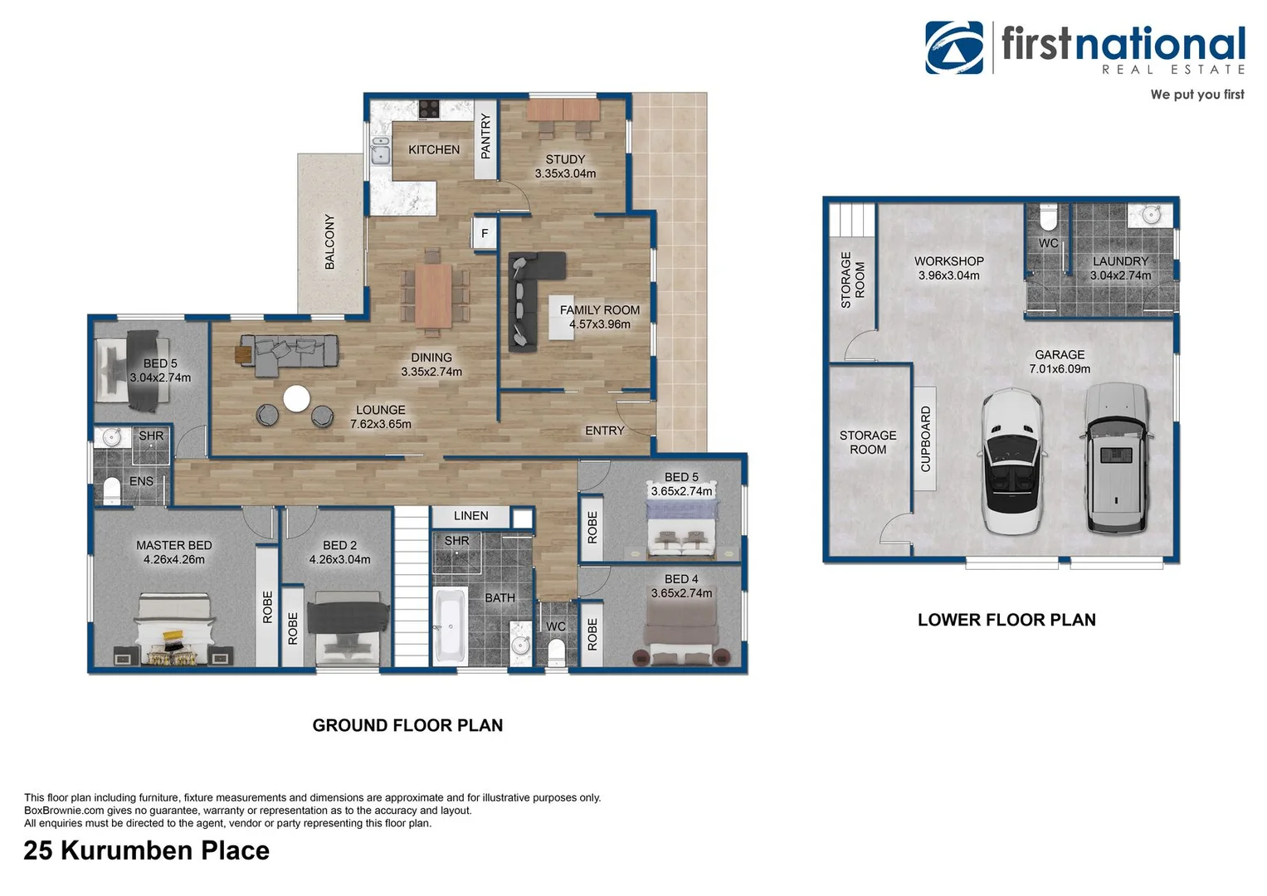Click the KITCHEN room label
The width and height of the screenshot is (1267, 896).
click(x=433, y=149)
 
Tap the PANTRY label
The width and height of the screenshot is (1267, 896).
click(x=485, y=136)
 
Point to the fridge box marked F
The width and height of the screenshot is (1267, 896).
click(x=485, y=233)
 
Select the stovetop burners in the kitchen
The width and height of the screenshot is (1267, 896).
click(x=429, y=108)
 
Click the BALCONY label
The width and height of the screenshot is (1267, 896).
click(x=329, y=241)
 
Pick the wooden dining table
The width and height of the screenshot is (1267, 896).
click(x=433, y=295)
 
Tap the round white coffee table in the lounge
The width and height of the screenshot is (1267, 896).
click(x=297, y=399)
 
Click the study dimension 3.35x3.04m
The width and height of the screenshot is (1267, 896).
click(x=565, y=173)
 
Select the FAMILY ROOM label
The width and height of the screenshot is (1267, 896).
click(x=599, y=309)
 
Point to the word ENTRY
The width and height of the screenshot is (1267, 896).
click(x=604, y=431)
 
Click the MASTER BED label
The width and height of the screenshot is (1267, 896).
click(x=173, y=545)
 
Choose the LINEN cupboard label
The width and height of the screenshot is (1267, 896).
click(x=470, y=516)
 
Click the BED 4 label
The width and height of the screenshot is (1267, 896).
click(x=681, y=579)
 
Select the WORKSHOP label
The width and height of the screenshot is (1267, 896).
click(x=948, y=261)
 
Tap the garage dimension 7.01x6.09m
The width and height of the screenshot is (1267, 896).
click(x=1060, y=368)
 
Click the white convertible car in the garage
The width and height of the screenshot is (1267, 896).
click(x=1011, y=463)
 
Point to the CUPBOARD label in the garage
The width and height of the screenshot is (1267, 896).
click(x=925, y=439)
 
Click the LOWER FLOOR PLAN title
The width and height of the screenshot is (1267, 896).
click(x=1006, y=620)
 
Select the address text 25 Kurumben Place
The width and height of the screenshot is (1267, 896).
click(x=147, y=850)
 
